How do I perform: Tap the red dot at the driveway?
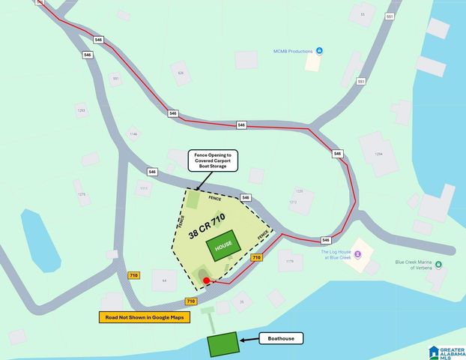pos(206,280)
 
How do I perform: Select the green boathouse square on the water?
pos(222,344)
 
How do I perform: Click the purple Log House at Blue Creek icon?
pos(357,254)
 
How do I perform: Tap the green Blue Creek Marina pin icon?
pos(438,264)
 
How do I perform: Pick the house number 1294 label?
pos(378,153)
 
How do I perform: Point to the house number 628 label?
pos(180,73)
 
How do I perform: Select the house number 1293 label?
pos(81,110)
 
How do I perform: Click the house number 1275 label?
pos(81,194)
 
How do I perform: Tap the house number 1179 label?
pos(289,262)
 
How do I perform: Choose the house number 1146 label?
pos(133,134)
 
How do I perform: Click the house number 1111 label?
pos(142,188)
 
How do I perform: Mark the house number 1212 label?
pos(294,202)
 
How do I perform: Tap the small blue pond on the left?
pos(40,238)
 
